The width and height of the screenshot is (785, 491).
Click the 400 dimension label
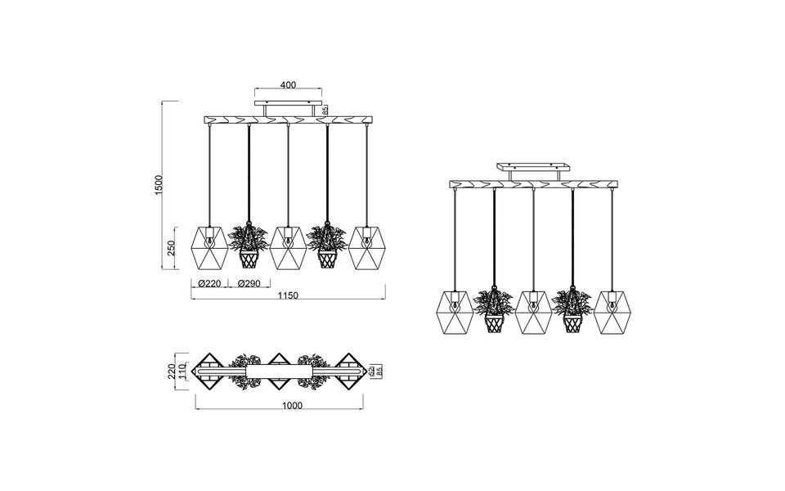[x=287, y=85]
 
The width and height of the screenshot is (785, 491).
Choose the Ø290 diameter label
[x=248, y=284]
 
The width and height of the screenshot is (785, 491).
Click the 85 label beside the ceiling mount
[x=325, y=110]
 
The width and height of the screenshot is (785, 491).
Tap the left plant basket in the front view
[x=248, y=259]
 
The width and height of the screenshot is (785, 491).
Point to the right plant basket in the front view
[x=327, y=259]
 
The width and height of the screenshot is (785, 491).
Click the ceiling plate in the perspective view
[x=533, y=167]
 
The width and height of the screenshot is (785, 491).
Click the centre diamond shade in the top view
[x=280, y=372]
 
